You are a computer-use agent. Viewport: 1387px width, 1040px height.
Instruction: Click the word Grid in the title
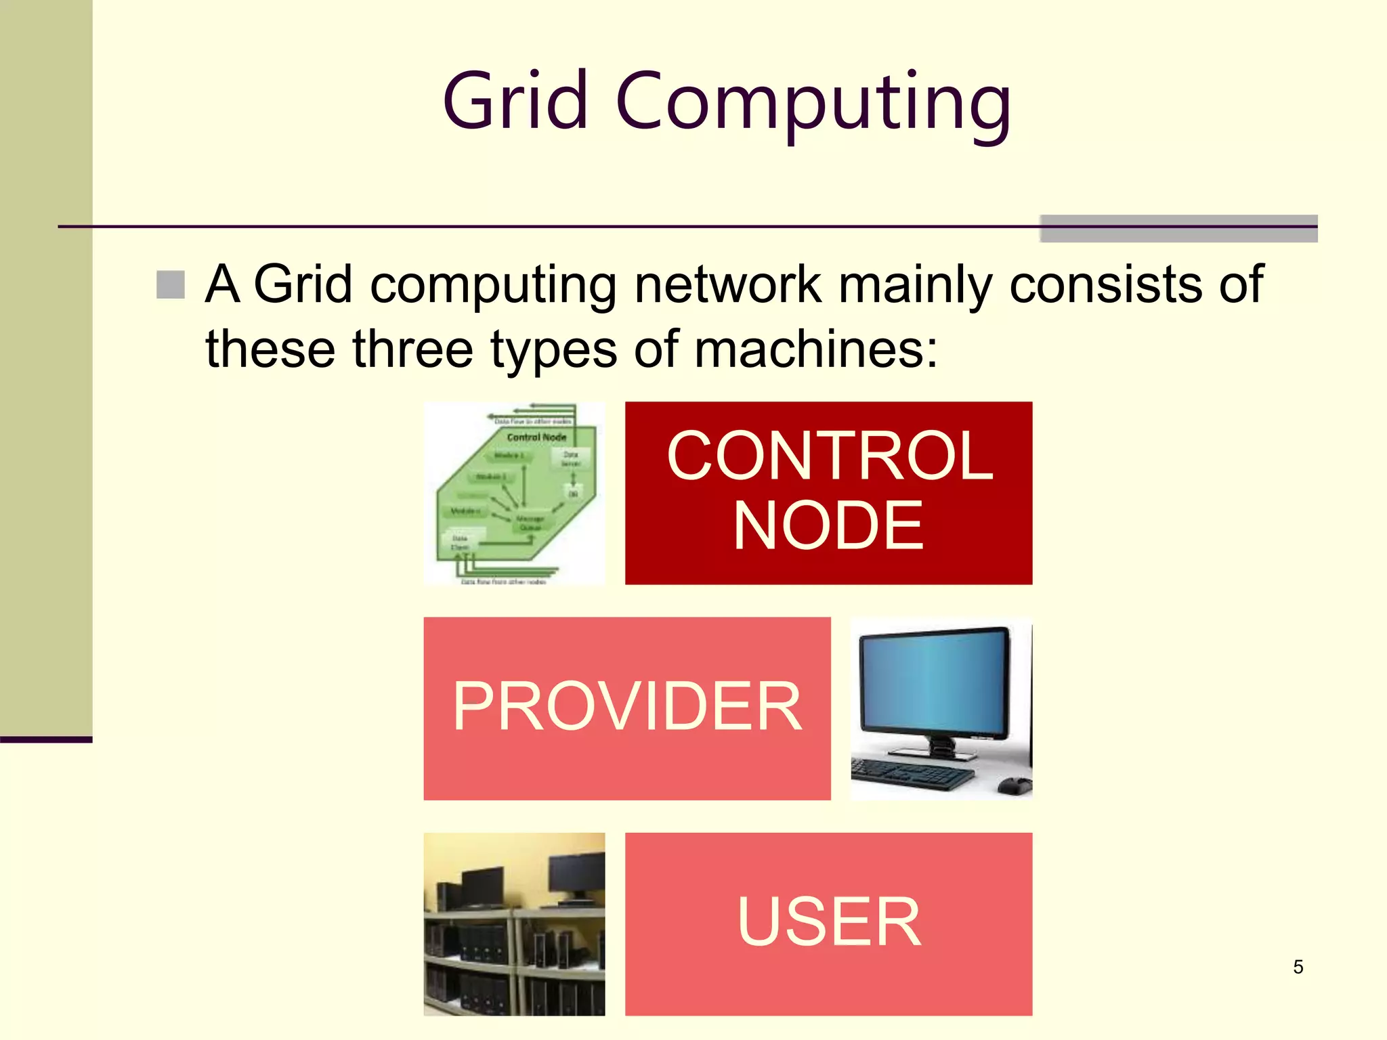tap(515, 102)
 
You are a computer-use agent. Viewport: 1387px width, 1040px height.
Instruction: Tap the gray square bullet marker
tap(171, 284)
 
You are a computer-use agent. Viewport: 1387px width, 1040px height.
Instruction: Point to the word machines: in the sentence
tap(816, 349)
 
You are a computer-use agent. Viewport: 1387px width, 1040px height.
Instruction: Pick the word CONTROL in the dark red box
tap(829, 456)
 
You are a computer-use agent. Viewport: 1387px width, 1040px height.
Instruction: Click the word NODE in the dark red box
tap(828, 525)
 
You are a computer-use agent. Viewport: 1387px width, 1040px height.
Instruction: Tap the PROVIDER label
tap(627, 707)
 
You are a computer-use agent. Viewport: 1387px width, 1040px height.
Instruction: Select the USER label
tap(829, 922)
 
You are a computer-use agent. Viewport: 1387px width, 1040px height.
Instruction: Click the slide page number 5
tap(1298, 967)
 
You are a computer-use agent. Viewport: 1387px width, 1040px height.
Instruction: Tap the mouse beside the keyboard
tap(1014, 786)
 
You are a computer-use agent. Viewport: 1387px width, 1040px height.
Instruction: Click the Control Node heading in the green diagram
tap(536, 437)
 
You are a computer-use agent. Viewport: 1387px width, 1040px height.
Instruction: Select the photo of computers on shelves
tap(514, 924)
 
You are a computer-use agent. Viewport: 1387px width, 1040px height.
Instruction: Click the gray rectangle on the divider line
tap(1178, 229)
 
